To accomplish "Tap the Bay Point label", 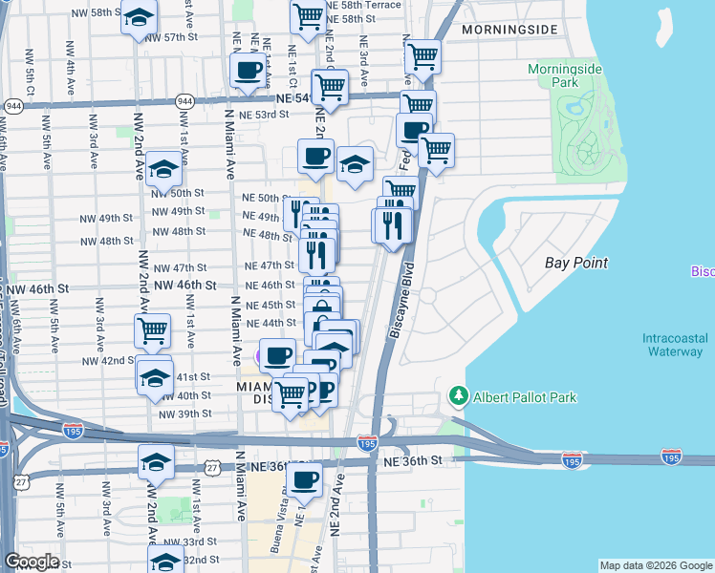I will point(576,262).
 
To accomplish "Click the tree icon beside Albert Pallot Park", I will point(459,396).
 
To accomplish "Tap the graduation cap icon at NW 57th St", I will point(140,18).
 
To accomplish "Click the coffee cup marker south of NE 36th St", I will point(305,479).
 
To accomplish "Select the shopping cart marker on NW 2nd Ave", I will point(153,330).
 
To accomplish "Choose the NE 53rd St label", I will point(264,115).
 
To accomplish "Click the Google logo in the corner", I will point(32,562).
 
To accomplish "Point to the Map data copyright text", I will point(656,565).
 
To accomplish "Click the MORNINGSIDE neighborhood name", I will point(509,30).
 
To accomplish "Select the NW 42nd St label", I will point(106,361).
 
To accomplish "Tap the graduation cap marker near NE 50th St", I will point(355,162).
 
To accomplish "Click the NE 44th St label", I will point(271,323).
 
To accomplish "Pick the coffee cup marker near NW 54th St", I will point(249,70).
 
